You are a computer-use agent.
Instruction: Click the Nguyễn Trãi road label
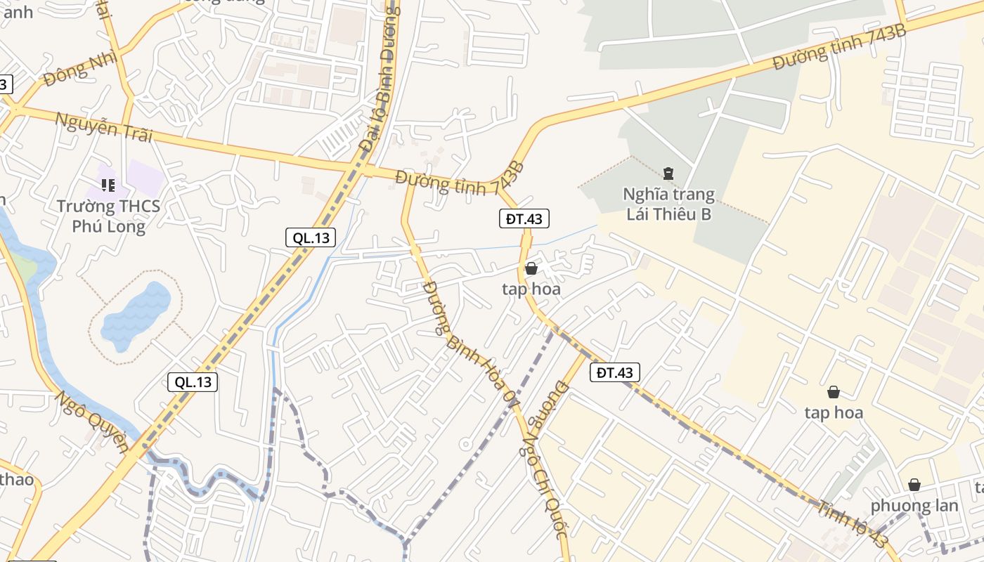tap(104, 127)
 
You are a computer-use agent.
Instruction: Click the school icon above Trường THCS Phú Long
tap(108, 185)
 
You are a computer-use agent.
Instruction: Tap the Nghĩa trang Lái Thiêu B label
tap(668, 204)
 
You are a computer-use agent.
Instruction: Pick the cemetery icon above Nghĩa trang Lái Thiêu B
tap(668, 173)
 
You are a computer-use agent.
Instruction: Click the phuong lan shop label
tap(914, 506)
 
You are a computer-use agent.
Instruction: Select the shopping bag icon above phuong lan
tap(914, 485)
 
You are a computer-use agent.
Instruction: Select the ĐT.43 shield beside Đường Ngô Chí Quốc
tap(614, 372)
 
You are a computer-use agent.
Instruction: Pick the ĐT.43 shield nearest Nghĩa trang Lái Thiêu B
tap(524, 218)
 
